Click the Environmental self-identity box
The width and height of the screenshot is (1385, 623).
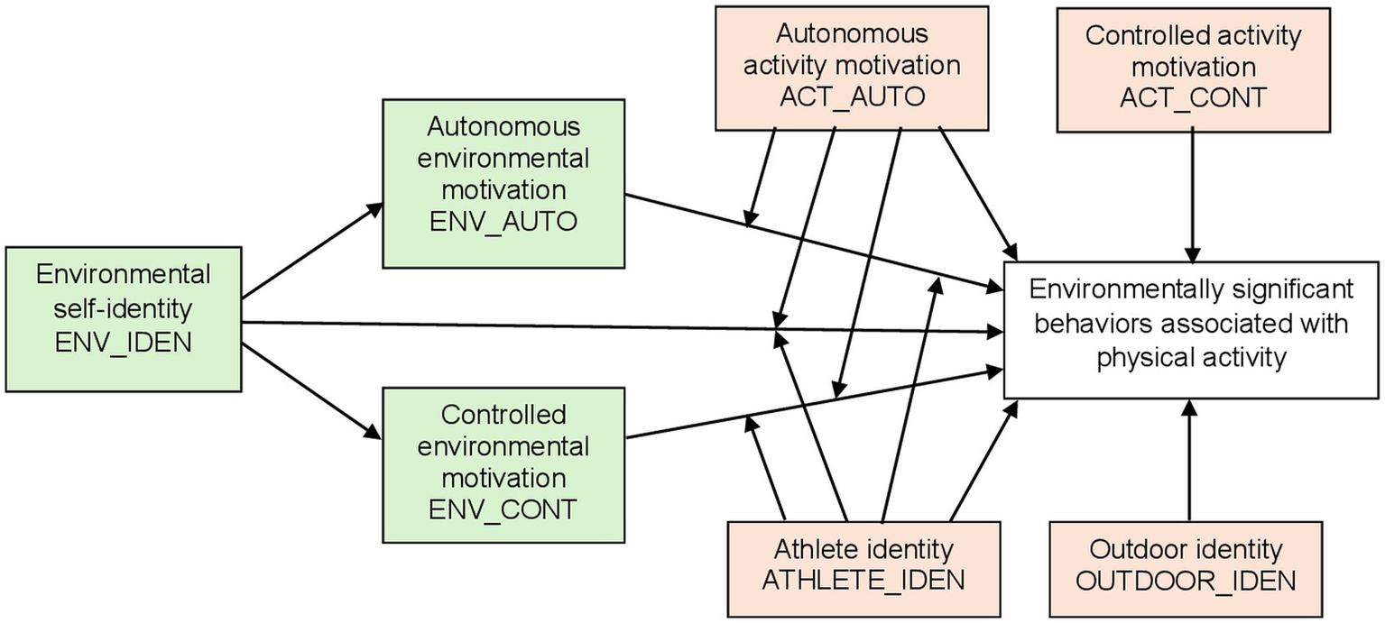click(123, 318)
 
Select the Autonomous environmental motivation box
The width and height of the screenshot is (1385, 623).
click(503, 183)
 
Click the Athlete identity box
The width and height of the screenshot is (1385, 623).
click(863, 568)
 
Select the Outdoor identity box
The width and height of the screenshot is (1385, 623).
click(1186, 568)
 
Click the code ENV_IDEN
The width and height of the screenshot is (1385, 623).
click(123, 343)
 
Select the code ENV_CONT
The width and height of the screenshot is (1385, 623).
click(503, 508)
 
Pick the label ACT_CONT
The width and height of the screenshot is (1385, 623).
click(1193, 97)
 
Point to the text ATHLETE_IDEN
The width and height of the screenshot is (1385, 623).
click(863, 580)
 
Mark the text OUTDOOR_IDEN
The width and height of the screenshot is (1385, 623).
click(1186, 580)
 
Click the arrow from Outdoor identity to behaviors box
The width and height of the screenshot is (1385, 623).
click(1189, 460)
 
